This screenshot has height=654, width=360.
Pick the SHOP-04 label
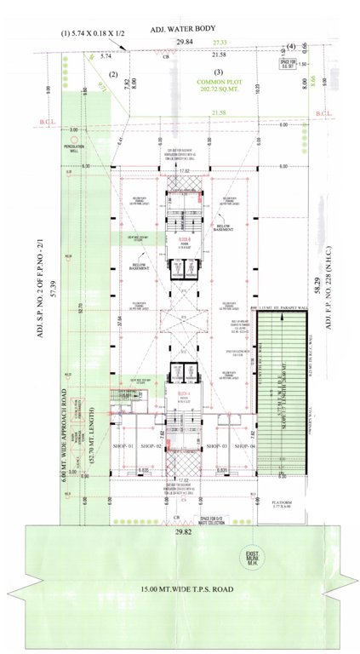247,446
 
